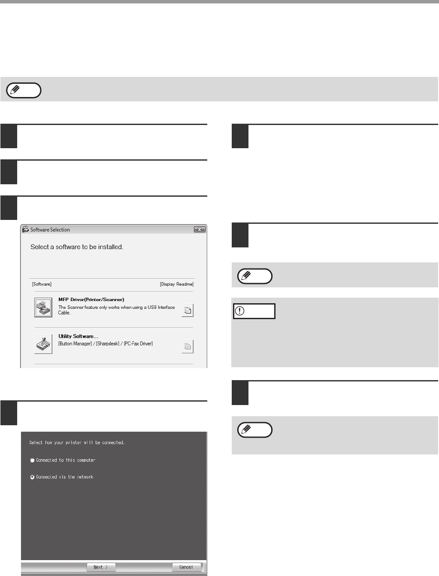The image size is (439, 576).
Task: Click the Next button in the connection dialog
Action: click(101, 567)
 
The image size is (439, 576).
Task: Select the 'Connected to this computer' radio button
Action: click(32, 460)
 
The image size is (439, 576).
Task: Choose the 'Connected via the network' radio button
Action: click(32, 477)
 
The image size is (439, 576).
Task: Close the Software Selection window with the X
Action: click(200, 230)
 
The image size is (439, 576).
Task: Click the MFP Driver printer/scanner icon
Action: click(43, 307)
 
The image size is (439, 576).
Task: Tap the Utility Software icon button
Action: click(43, 344)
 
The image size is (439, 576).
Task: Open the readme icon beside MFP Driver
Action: click(188, 311)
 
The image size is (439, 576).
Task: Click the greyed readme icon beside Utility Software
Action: click(188, 347)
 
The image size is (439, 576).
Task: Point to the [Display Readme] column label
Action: click(177, 284)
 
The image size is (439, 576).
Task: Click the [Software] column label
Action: click(42, 284)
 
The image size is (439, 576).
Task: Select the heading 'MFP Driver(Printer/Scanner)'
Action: click(91, 299)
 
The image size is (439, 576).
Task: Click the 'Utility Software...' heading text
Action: click(78, 336)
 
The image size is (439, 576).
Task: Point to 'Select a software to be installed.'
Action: click(77, 247)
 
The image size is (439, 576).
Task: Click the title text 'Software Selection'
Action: click(50, 230)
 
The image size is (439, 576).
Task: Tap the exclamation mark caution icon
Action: click(239, 311)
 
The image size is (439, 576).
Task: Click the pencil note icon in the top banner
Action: click(15, 90)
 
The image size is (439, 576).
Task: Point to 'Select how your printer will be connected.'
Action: click(77, 442)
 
